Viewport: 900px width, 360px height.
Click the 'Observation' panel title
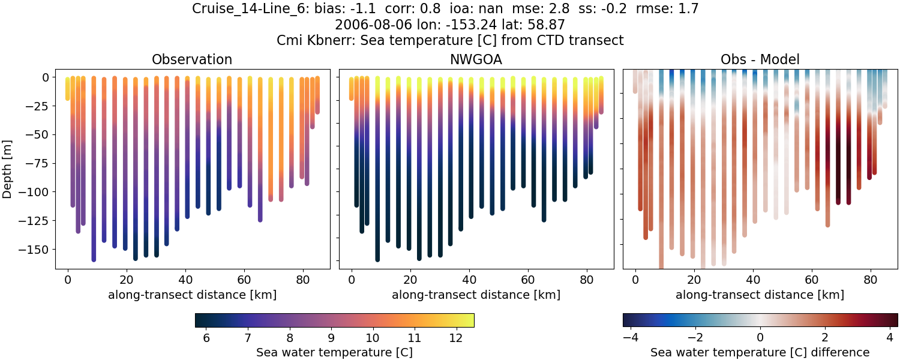pyautogui.click(x=191, y=59)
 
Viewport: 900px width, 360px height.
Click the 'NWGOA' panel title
pyautogui.click(x=476, y=59)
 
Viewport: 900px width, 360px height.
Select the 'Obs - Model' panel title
pyautogui.click(x=760, y=59)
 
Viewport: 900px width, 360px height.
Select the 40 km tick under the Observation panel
pyautogui.click(x=185, y=280)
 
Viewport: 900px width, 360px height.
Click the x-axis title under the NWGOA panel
pyautogui.click(x=476, y=295)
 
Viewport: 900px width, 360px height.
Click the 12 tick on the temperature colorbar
pyautogui.click(x=455, y=338)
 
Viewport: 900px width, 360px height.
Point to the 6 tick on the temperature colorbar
pyautogui.click(x=206, y=338)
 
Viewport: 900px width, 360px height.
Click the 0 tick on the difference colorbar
pyautogui.click(x=760, y=338)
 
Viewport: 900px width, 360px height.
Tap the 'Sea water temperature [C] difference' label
pyautogui.click(x=760, y=352)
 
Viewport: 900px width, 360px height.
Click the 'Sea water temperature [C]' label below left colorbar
pyautogui.click(x=334, y=352)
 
